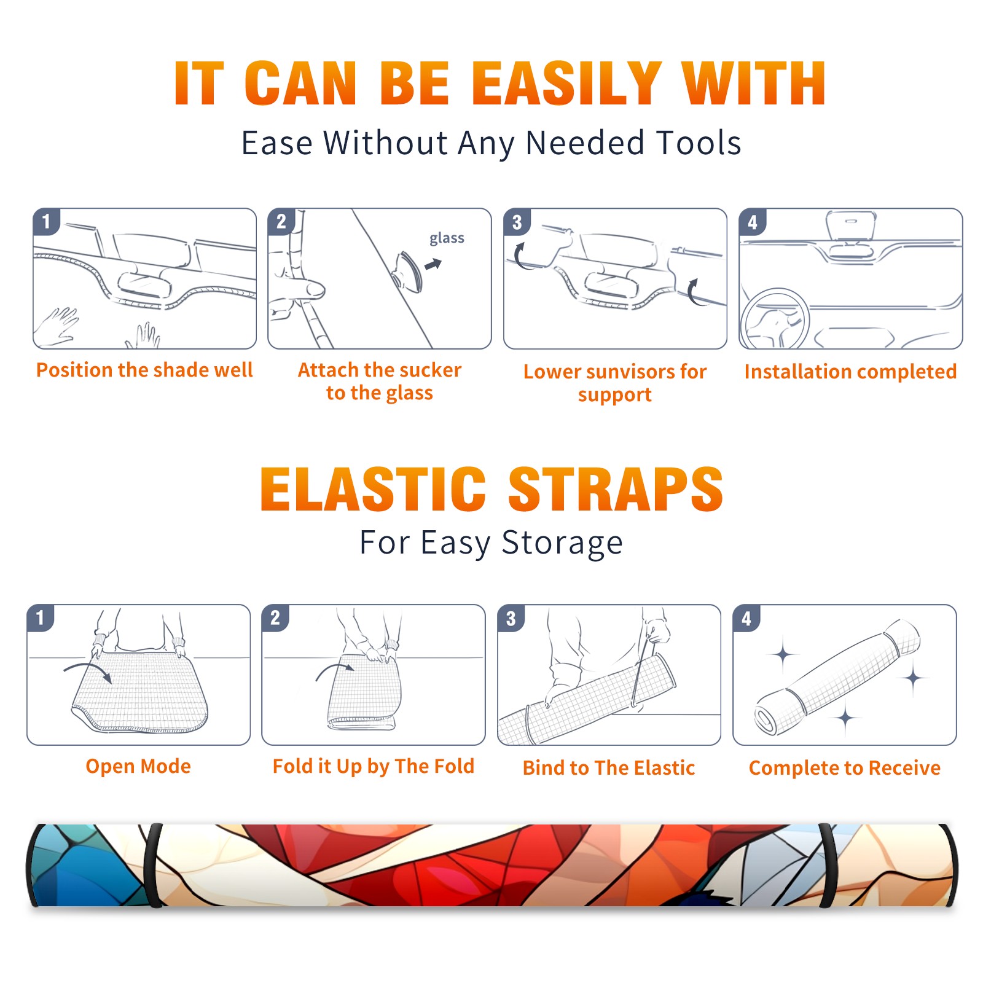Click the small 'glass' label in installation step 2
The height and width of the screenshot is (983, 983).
(x=447, y=238)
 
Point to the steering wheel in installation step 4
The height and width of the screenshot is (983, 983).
(x=775, y=319)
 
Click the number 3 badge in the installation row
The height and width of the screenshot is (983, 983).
(x=517, y=222)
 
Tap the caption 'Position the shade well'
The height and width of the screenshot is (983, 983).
(x=144, y=370)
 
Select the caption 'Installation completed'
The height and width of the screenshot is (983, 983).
(x=850, y=372)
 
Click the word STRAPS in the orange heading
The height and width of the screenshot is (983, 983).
(x=616, y=489)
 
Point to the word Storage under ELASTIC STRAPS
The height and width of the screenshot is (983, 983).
(x=562, y=543)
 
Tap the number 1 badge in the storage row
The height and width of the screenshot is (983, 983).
(x=41, y=617)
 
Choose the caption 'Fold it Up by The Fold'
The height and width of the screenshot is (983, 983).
(x=374, y=766)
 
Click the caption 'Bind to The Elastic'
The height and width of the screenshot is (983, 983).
(x=609, y=768)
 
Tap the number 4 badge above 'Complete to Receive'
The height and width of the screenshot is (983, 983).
(x=746, y=618)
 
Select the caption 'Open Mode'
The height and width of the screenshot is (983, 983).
(x=138, y=766)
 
